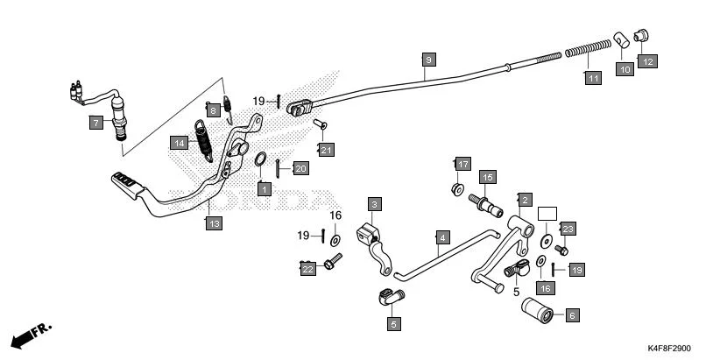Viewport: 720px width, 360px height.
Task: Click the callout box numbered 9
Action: pyautogui.click(x=427, y=60)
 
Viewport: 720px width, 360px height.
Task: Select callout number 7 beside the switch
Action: pyautogui.click(x=95, y=124)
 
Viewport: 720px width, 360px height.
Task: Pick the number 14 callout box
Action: pyautogui.click(x=179, y=143)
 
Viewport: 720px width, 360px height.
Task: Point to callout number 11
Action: pyautogui.click(x=594, y=78)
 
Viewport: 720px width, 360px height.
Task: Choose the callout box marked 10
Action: pyautogui.click(x=624, y=69)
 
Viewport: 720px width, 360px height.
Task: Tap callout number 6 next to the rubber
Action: pyautogui.click(x=572, y=315)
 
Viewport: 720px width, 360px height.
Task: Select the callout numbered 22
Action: pyautogui.click(x=307, y=269)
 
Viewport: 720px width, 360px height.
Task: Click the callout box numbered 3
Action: pyautogui.click(x=373, y=205)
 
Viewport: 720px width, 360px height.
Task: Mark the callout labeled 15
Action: pyautogui.click(x=487, y=178)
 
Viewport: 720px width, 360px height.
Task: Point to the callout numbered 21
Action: pyautogui.click(x=326, y=151)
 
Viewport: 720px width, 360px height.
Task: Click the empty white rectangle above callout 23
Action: pyautogui.click(x=547, y=213)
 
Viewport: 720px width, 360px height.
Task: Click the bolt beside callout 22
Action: pyautogui.click(x=334, y=260)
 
